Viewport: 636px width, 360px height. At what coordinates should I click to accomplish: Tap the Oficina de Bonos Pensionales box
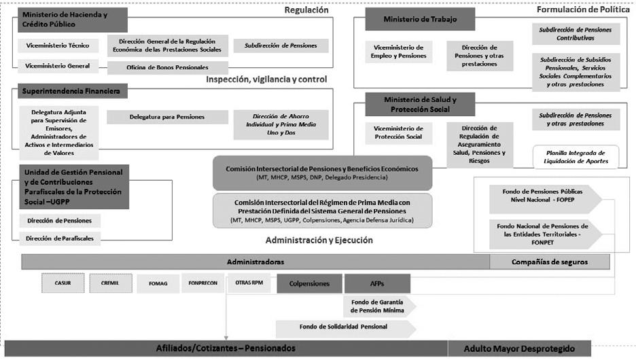167,67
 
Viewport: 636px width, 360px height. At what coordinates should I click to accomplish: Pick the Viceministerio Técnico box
58,46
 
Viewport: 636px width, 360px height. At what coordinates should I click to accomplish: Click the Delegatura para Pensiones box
167,117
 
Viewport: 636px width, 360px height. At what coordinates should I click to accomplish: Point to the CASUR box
60,283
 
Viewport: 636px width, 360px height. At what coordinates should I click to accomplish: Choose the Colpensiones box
309,283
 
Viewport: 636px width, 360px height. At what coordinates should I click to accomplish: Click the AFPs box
377,283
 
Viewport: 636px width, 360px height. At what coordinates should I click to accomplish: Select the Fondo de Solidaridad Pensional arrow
345,327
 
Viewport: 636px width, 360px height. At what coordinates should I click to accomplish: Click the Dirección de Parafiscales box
60,238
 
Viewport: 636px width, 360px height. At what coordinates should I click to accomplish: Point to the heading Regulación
306,10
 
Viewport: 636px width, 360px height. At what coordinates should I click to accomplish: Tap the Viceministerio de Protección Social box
398,132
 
